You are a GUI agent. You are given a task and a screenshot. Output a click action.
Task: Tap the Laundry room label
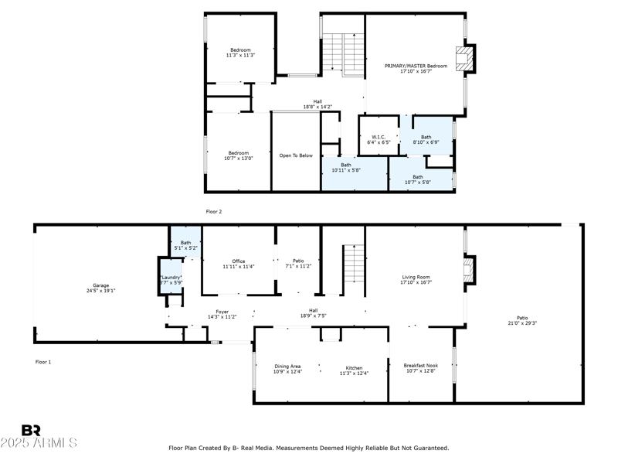point(171,278)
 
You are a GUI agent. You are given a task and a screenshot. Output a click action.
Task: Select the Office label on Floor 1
point(239,261)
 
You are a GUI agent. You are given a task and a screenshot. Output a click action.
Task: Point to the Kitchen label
point(354,368)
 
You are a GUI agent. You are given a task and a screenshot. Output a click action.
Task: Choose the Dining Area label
point(287,367)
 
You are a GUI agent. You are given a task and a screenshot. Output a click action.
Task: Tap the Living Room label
point(416,277)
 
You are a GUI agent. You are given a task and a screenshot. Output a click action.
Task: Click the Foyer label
point(222,312)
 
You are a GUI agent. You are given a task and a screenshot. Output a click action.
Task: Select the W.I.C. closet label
point(377,137)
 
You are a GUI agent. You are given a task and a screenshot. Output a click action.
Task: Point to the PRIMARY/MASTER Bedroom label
point(416,66)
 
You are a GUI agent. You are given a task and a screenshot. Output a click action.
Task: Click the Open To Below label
point(296,155)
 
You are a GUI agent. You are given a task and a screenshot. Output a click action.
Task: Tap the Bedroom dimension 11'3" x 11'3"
point(240,56)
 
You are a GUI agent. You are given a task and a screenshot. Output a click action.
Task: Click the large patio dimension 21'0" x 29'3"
point(522,323)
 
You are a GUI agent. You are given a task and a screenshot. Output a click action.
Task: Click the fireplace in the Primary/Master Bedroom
point(464,59)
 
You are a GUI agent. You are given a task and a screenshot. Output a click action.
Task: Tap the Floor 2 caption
point(213,211)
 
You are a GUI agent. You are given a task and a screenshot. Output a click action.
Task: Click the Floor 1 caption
point(42,362)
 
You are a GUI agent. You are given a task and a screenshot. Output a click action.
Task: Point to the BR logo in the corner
point(32,430)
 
